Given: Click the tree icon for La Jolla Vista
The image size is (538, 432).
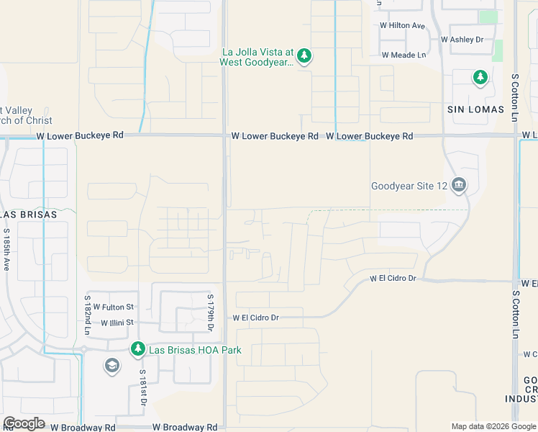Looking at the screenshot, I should pos(304,56).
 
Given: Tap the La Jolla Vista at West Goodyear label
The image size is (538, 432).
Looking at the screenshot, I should pos(257,57).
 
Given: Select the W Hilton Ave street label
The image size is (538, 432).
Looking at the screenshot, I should pos(403,25).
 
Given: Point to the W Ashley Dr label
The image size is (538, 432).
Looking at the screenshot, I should pos(462,40).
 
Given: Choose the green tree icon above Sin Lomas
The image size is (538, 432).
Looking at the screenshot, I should pos(480,77).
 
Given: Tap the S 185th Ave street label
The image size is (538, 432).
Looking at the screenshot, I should pos(6,249).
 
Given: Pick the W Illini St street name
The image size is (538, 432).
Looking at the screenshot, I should pos(117,323).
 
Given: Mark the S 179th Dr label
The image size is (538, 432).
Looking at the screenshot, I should pos(210,312).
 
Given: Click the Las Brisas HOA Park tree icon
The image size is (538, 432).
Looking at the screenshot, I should pos(137,349).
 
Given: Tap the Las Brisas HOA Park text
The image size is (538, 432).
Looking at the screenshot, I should pos(194,350).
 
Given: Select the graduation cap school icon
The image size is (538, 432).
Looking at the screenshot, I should pos(111,366).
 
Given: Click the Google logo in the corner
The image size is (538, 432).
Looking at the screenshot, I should pos(24,423).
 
